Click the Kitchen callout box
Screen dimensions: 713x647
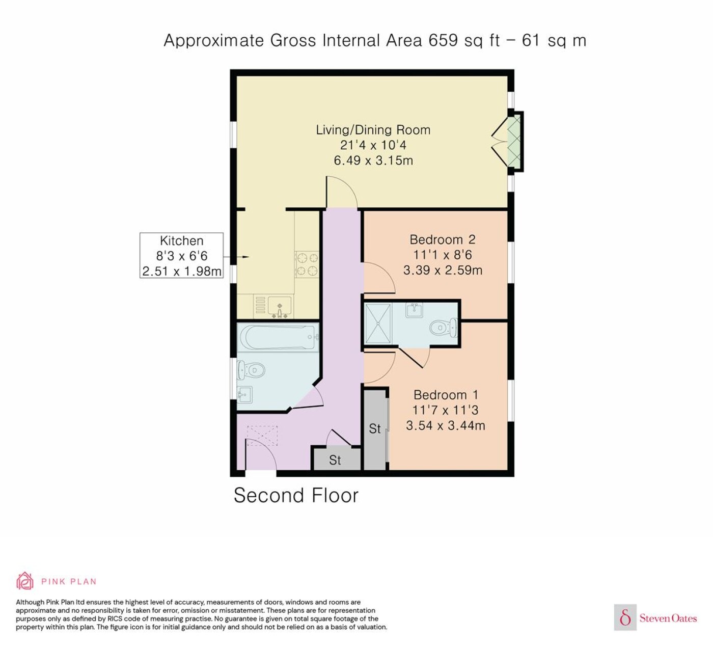(x=181, y=255)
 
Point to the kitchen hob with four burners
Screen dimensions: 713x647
(x=307, y=264)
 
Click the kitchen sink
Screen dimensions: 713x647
(x=280, y=306)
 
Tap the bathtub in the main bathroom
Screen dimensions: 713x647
(x=278, y=338)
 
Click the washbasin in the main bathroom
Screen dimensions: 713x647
(x=244, y=395)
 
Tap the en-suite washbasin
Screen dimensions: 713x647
(x=414, y=310)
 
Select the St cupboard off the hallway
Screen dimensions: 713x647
(x=336, y=459)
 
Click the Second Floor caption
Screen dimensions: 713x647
(x=296, y=496)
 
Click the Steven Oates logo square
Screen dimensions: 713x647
(x=625, y=617)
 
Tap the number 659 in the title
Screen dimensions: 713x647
(x=443, y=40)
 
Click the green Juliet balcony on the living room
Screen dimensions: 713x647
(x=514, y=142)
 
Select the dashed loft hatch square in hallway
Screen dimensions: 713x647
(x=262, y=435)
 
